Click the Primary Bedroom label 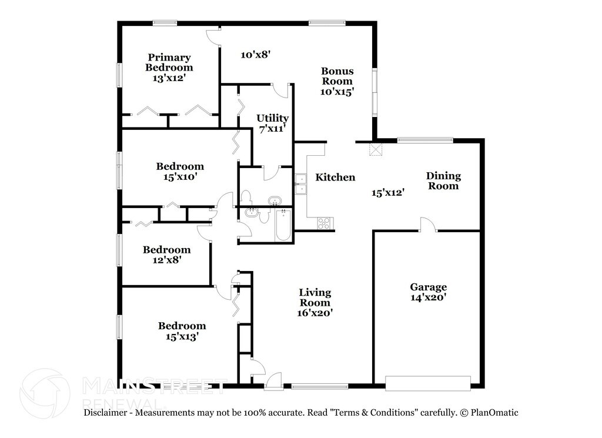169,62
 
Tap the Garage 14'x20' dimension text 428,297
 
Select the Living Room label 315,297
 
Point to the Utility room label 272,118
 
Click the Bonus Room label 337,76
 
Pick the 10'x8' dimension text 256,55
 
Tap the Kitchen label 335,178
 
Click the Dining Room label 443,181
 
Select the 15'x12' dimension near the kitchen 388,193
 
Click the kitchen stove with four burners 325,223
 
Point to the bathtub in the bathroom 283,225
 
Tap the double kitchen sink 300,184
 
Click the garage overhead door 428,383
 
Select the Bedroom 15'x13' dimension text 182,337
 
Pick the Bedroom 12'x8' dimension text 166,260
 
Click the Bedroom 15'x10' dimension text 180,177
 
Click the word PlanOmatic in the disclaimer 494,413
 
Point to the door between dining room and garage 427,225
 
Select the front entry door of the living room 274,381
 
